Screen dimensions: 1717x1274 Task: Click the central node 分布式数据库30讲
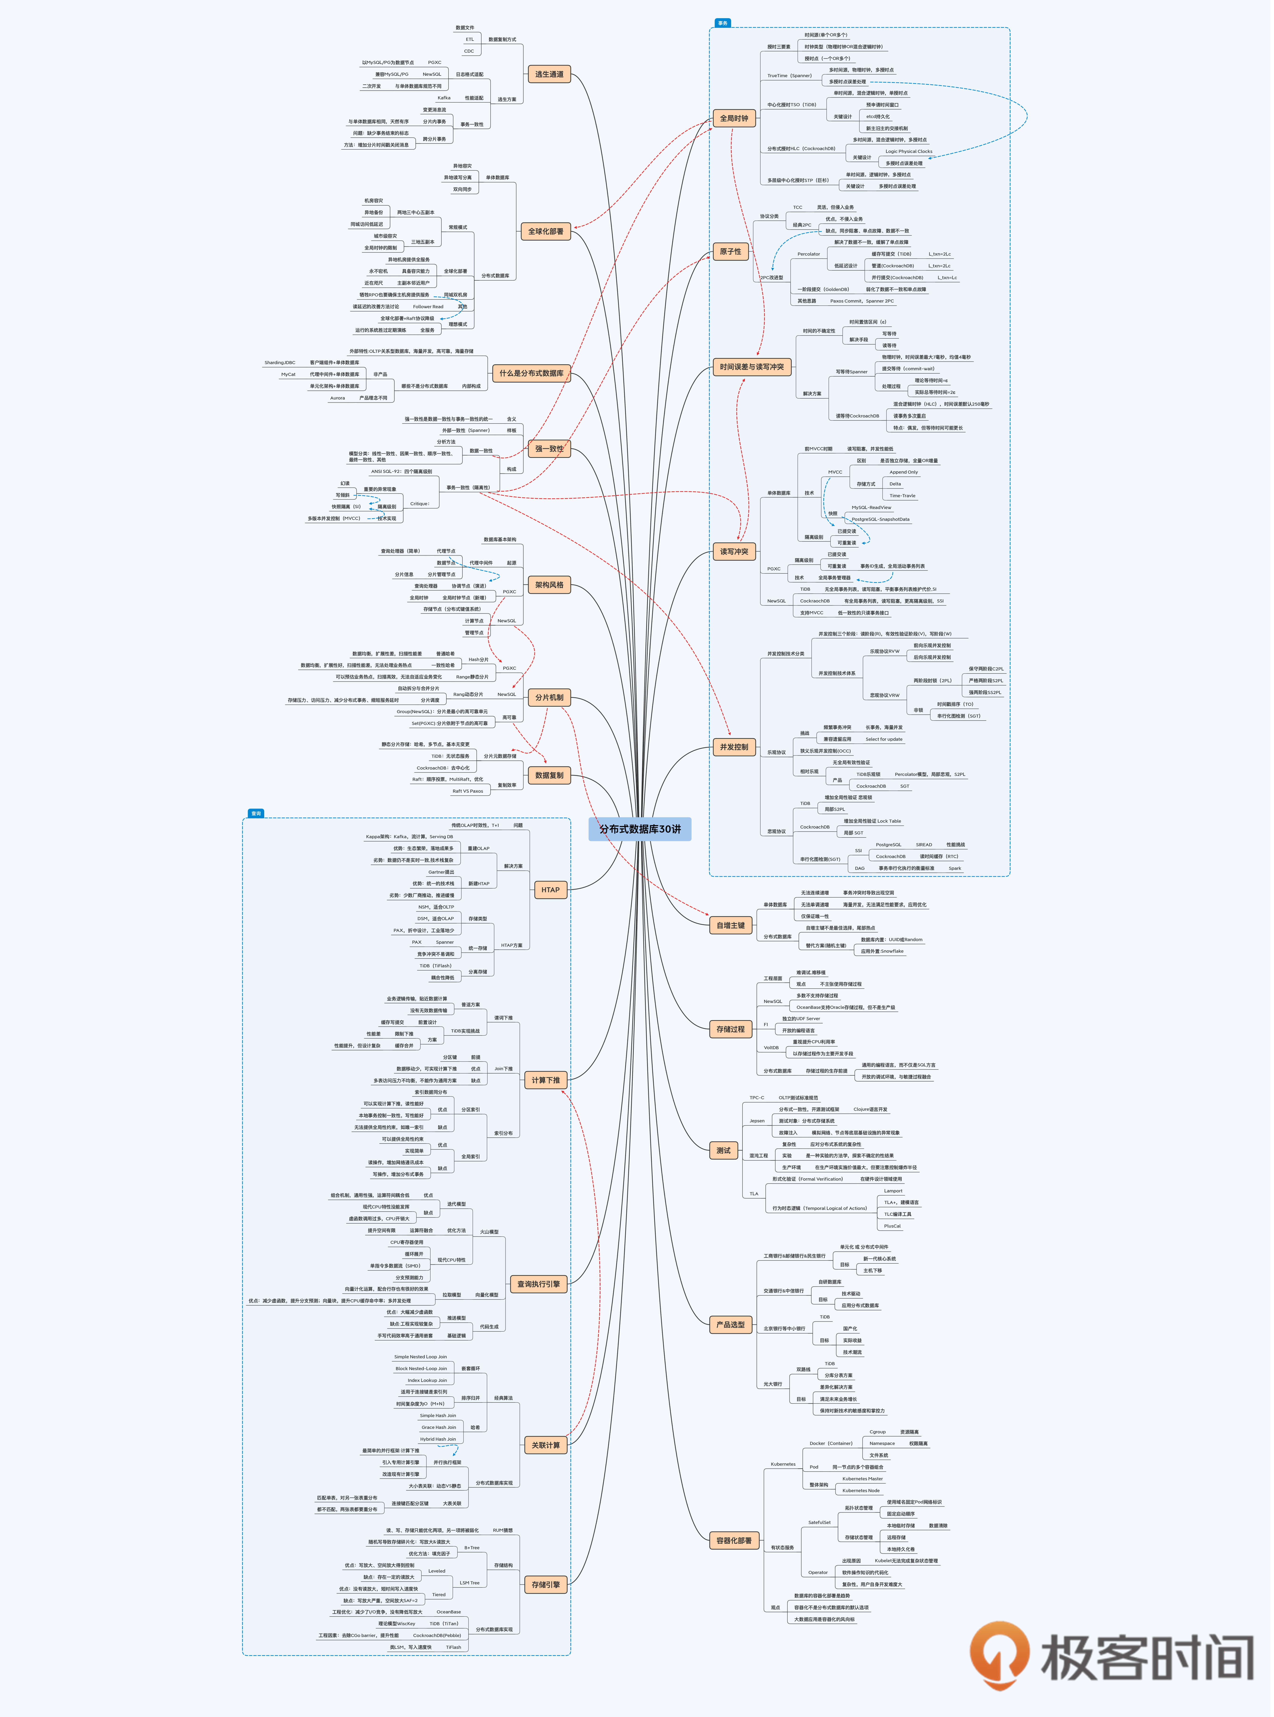click(640, 829)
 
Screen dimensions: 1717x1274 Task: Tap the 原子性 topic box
click(730, 252)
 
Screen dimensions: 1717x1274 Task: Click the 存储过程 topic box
click(730, 1029)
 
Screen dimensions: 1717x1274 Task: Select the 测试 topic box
click(723, 1150)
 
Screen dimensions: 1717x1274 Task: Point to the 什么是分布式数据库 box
click(531, 373)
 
